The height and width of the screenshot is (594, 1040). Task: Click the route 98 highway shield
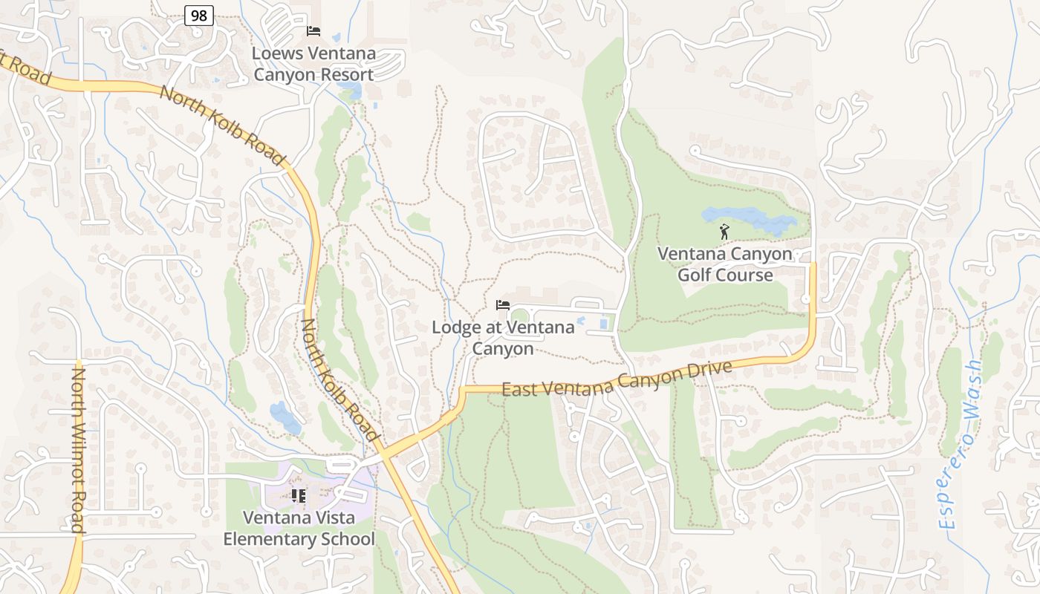(x=199, y=15)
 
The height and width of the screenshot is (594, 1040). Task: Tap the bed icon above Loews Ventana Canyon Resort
(x=313, y=31)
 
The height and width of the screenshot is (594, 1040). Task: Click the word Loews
(x=278, y=53)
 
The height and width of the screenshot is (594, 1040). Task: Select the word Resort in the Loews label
(x=342, y=75)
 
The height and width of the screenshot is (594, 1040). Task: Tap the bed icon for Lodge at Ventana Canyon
(x=503, y=305)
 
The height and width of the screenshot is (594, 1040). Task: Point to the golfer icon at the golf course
(x=724, y=232)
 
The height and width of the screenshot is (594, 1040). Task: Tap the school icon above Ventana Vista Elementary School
(x=299, y=495)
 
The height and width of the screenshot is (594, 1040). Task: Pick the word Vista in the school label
(x=331, y=518)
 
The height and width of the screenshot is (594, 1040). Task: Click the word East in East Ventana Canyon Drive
(x=519, y=389)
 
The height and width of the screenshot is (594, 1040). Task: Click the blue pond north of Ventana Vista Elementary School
(x=285, y=417)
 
